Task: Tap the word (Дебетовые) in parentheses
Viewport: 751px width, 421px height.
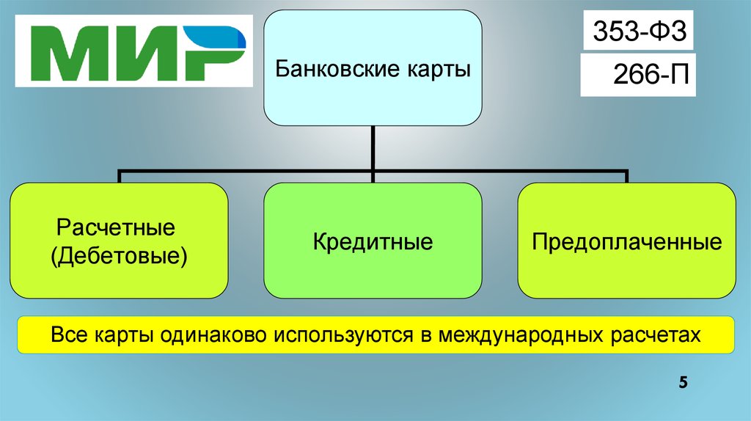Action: [x=119, y=256]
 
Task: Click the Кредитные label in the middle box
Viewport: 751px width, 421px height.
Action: [x=373, y=242]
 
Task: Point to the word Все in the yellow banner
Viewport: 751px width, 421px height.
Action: [x=67, y=335]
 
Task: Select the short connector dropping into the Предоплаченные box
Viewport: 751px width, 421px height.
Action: [x=626, y=177]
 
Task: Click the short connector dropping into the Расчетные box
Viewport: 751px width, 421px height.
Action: [x=119, y=177]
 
